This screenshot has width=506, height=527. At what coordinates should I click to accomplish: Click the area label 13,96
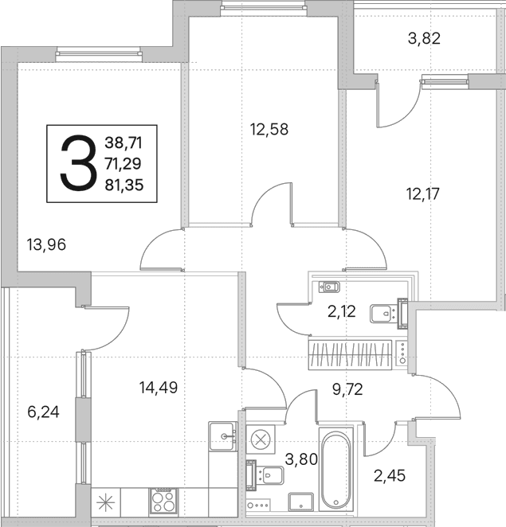tap(46, 244)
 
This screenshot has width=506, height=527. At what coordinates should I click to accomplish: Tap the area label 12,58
tap(269, 130)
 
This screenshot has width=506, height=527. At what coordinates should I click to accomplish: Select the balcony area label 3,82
tap(424, 38)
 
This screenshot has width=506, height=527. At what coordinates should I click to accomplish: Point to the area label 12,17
tap(423, 194)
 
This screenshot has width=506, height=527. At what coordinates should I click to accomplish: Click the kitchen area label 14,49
tap(159, 388)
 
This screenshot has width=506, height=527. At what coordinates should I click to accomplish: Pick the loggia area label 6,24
tap(43, 412)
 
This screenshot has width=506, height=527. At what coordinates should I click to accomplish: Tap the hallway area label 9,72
tap(347, 389)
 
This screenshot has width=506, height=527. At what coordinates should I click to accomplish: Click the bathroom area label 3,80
tap(301, 459)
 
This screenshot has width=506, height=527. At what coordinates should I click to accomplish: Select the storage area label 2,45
tap(390, 475)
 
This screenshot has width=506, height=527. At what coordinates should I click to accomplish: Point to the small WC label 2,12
tap(342, 311)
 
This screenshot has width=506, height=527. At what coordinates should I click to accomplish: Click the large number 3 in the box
tap(78, 163)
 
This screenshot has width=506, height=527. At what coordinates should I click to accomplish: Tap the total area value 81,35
tap(124, 185)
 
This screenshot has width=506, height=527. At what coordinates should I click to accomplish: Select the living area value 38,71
tap(124, 142)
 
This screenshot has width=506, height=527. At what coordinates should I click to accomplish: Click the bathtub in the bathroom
tap(336, 470)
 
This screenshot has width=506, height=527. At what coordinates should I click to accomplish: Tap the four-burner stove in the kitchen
tap(163, 501)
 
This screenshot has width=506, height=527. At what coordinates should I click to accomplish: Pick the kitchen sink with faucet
tap(223, 436)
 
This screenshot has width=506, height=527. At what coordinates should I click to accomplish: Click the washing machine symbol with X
tap(261, 439)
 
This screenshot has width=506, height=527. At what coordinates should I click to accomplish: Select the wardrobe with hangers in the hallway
tap(350, 355)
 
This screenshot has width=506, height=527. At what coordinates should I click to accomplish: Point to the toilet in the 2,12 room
tap(329, 287)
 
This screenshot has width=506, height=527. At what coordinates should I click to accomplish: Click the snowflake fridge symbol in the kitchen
tap(106, 502)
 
